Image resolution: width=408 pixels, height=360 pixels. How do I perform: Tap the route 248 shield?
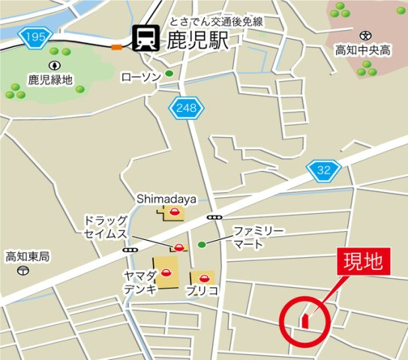[186, 109]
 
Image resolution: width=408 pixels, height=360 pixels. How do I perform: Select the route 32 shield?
[323, 171]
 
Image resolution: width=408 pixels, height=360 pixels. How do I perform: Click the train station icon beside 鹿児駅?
[143, 39]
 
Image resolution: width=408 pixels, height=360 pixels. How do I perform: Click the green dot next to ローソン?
[169, 73]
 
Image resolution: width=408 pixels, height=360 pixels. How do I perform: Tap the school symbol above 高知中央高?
[365, 34]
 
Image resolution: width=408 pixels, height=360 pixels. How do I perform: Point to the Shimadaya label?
[166, 199]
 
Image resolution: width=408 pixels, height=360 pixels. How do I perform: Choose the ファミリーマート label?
[258, 237]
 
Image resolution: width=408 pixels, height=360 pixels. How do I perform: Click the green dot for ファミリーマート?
[201, 244]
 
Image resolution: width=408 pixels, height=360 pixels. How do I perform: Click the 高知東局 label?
[28, 256]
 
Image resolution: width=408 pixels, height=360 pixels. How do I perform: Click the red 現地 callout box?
[363, 262]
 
